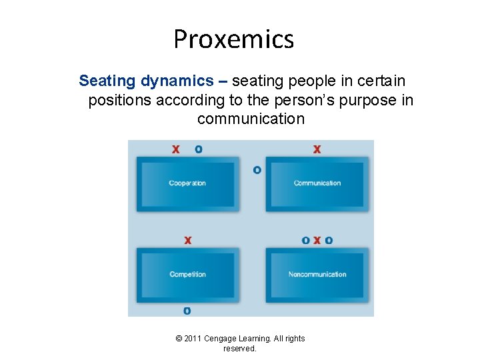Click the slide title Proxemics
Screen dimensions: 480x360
(233, 39)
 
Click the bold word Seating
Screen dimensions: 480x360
(107, 81)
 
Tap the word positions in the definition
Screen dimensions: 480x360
(120, 100)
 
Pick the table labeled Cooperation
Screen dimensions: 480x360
(187, 183)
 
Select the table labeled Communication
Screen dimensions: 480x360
(317, 183)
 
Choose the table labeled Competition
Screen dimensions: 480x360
(187, 275)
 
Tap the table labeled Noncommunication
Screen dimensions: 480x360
(317, 275)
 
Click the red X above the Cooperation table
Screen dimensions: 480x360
(175, 149)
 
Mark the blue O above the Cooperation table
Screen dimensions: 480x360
(199, 149)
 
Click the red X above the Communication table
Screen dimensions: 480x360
(317, 149)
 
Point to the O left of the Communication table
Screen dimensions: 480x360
(257, 170)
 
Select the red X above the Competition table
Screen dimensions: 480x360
(187, 240)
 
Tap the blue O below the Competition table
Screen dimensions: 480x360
(187, 311)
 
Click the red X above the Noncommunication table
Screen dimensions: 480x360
(317, 240)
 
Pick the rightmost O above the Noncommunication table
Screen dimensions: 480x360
(329, 240)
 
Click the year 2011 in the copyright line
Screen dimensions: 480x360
(195, 339)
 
